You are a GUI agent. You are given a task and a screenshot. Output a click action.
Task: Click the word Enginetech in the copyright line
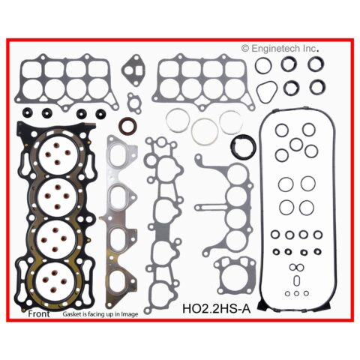[x=276, y=48]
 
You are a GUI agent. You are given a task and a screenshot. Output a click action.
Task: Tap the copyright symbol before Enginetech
[x=245, y=49]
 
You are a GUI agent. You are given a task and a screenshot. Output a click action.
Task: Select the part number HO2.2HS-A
[x=217, y=308]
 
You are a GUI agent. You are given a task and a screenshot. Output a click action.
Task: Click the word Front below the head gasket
[x=39, y=313]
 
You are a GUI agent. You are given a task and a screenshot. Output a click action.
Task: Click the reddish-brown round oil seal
[x=127, y=126]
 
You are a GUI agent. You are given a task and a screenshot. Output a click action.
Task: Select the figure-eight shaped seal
[x=296, y=267]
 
